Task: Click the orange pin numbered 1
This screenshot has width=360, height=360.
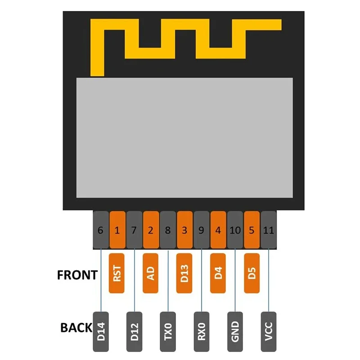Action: tap(117, 230)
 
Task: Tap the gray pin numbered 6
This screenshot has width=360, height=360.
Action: tap(100, 230)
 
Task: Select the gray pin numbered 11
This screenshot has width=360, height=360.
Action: tap(269, 230)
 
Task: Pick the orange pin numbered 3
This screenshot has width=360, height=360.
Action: tap(184, 230)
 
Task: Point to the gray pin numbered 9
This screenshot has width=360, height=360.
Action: tap(201, 230)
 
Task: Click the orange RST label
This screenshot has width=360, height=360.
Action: tap(117, 273)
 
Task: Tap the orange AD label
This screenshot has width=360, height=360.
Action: tap(151, 273)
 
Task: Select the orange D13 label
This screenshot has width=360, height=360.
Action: tap(184, 273)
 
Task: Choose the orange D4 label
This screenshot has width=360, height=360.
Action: tap(218, 273)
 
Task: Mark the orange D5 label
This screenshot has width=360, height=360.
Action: tap(252, 273)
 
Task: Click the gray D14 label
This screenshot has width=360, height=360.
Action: tap(100, 332)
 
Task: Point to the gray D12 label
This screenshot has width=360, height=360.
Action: tap(134, 332)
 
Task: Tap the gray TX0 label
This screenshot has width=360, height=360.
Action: tap(168, 332)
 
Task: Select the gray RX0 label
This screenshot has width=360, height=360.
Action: tap(201, 332)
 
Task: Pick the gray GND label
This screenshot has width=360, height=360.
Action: tap(235, 332)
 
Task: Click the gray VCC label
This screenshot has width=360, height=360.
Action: tap(269, 332)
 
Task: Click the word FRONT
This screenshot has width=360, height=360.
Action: tap(77, 274)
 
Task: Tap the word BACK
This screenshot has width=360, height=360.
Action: tap(76, 328)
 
